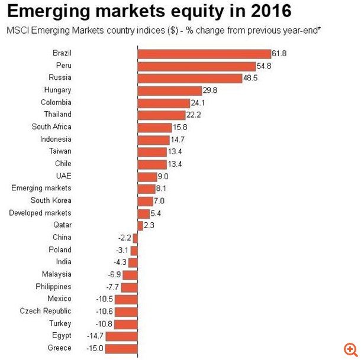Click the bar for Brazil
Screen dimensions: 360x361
(x=204, y=54)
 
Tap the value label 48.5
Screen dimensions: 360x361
(x=251, y=78)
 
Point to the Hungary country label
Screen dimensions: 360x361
(x=57, y=90)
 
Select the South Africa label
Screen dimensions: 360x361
(x=51, y=127)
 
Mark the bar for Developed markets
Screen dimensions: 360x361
(x=143, y=213)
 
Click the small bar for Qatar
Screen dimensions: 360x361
(x=140, y=225)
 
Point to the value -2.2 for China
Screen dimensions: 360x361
(x=124, y=238)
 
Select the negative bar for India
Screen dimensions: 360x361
(x=133, y=262)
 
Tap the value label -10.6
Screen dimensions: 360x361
(x=105, y=311)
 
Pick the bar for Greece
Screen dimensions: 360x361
(x=121, y=348)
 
